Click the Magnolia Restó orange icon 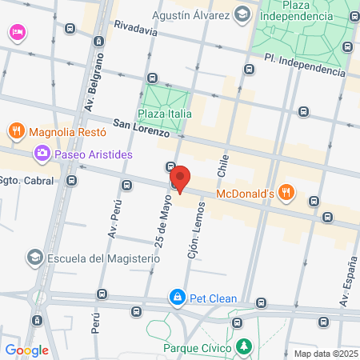(15, 130)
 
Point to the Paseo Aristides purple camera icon (41, 153)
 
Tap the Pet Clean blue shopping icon (176, 298)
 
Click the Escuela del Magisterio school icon (34, 258)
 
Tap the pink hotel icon (17, 32)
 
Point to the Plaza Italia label (165, 114)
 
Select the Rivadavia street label (135, 26)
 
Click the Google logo (27, 350)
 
